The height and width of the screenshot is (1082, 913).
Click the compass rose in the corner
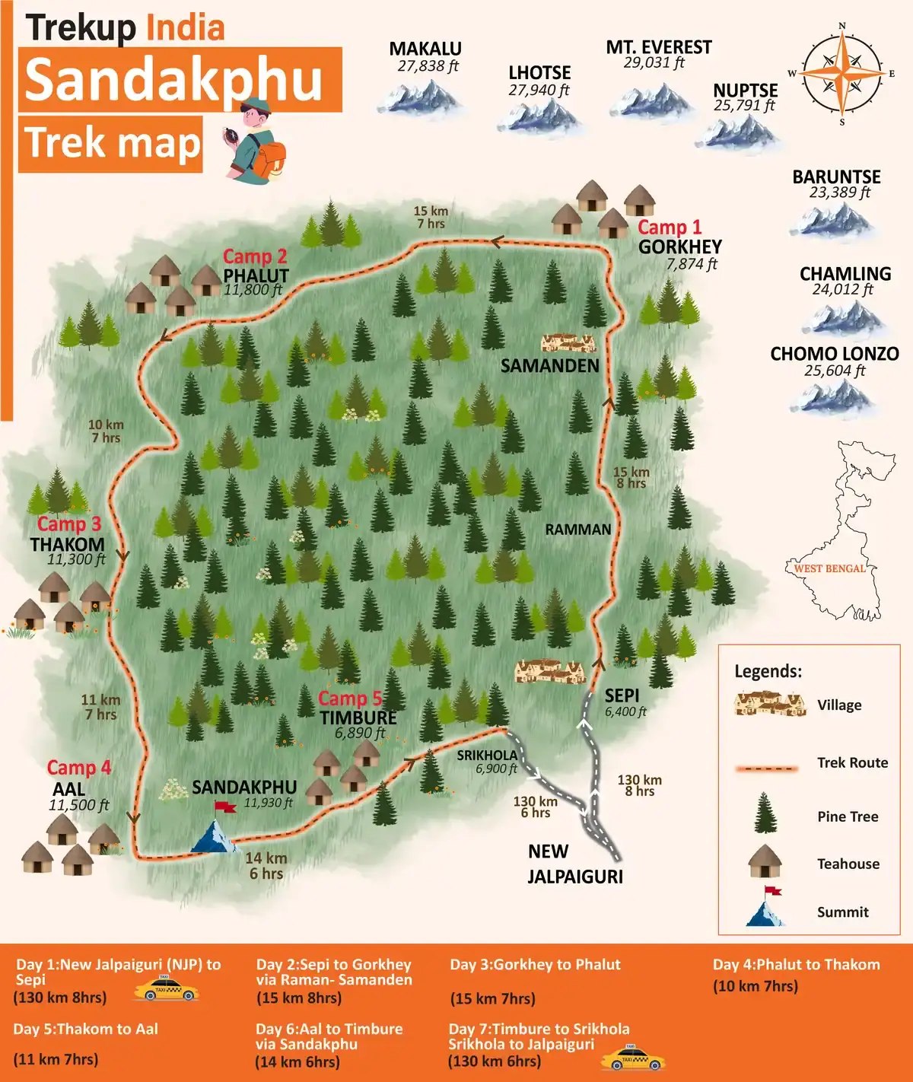point(841,73)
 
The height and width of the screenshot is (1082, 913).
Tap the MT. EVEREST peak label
point(658,47)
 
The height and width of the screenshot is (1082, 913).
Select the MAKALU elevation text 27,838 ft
point(428,66)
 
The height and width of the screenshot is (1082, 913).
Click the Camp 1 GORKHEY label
point(678,237)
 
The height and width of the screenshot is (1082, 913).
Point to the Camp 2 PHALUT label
point(256,266)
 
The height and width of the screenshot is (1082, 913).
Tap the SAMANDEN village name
point(549,366)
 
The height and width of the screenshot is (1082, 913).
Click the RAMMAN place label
point(577,530)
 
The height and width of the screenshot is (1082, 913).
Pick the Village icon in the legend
point(769,704)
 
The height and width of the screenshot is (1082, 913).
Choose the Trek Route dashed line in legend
point(766,768)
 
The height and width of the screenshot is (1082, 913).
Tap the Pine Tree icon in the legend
point(765,813)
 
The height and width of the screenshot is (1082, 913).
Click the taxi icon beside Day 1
point(166,988)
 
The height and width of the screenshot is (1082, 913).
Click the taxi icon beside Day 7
point(632,1058)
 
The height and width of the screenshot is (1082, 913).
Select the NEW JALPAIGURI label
point(574,864)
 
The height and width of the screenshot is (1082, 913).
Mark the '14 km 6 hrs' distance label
point(266,866)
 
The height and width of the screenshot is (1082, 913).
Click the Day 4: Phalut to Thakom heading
point(796,965)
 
